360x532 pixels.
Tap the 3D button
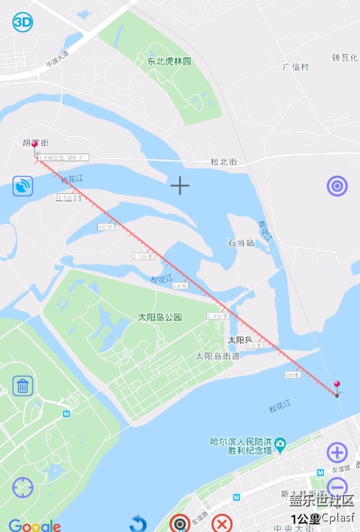pos(23,22)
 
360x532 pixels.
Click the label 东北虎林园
pos(169,61)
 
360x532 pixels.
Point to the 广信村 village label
pos(295,67)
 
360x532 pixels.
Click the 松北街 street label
pos(223,162)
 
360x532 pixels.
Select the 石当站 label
pos(241,242)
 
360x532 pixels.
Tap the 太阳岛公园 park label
pos(160,317)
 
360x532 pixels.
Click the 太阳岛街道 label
pos(218,356)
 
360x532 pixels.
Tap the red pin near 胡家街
pos(35,146)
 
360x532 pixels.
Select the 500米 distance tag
pos(292,375)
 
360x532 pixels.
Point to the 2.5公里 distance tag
pos(143,257)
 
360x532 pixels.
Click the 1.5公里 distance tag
pos(218,316)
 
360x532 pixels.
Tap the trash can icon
pos(23,385)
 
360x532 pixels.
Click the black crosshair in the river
pos(179,186)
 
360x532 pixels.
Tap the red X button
pos(222,523)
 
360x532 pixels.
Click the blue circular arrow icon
pos(138,523)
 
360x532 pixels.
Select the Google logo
pos(34,525)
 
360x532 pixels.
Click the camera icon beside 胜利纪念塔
pos(281,443)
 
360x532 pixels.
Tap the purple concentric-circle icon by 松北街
pos(337,186)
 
